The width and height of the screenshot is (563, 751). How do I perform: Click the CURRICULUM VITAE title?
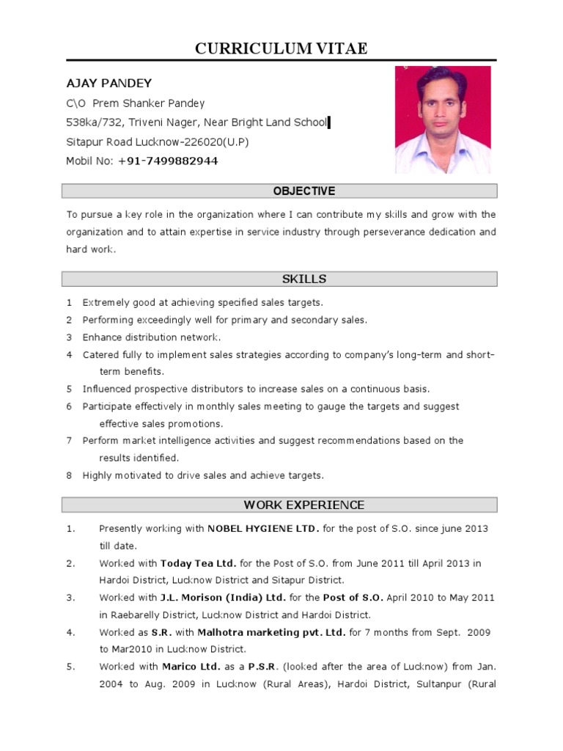281,48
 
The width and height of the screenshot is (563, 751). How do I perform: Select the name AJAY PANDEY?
109,84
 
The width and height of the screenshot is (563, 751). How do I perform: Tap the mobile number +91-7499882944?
167,161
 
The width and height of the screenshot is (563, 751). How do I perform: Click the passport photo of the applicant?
443,120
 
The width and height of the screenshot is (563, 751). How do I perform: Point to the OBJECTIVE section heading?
303,191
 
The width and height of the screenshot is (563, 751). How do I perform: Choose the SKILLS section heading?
303,279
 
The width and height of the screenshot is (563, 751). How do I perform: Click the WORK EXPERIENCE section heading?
303,505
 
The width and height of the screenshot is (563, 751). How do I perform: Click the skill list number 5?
69,389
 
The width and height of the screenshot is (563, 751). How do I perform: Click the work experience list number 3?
70,598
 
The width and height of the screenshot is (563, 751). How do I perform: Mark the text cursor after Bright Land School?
329,122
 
